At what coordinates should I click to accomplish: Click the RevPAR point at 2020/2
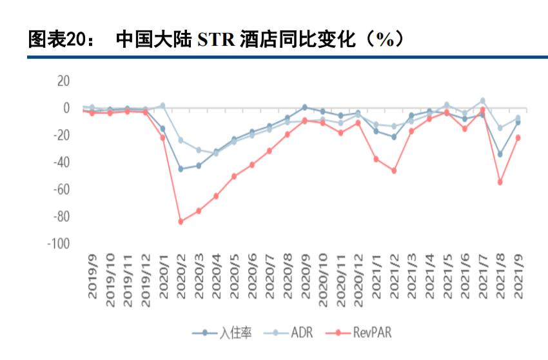[x=181, y=221]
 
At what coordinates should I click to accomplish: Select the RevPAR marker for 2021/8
[x=500, y=182]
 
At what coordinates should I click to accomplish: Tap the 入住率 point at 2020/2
[x=181, y=169]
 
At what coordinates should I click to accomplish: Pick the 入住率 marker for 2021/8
[x=500, y=154]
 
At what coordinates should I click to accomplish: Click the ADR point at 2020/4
[x=216, y=154]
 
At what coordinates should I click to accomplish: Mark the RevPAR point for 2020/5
[x=234, y=176]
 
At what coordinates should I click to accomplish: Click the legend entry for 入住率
[x=222, y=334]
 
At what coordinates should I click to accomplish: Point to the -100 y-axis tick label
[x=58, y=244]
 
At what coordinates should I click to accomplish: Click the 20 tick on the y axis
[x=63, y=81]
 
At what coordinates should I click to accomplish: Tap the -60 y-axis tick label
[x=60, y=190]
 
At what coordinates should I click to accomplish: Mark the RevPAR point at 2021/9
[x=518, y=137]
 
